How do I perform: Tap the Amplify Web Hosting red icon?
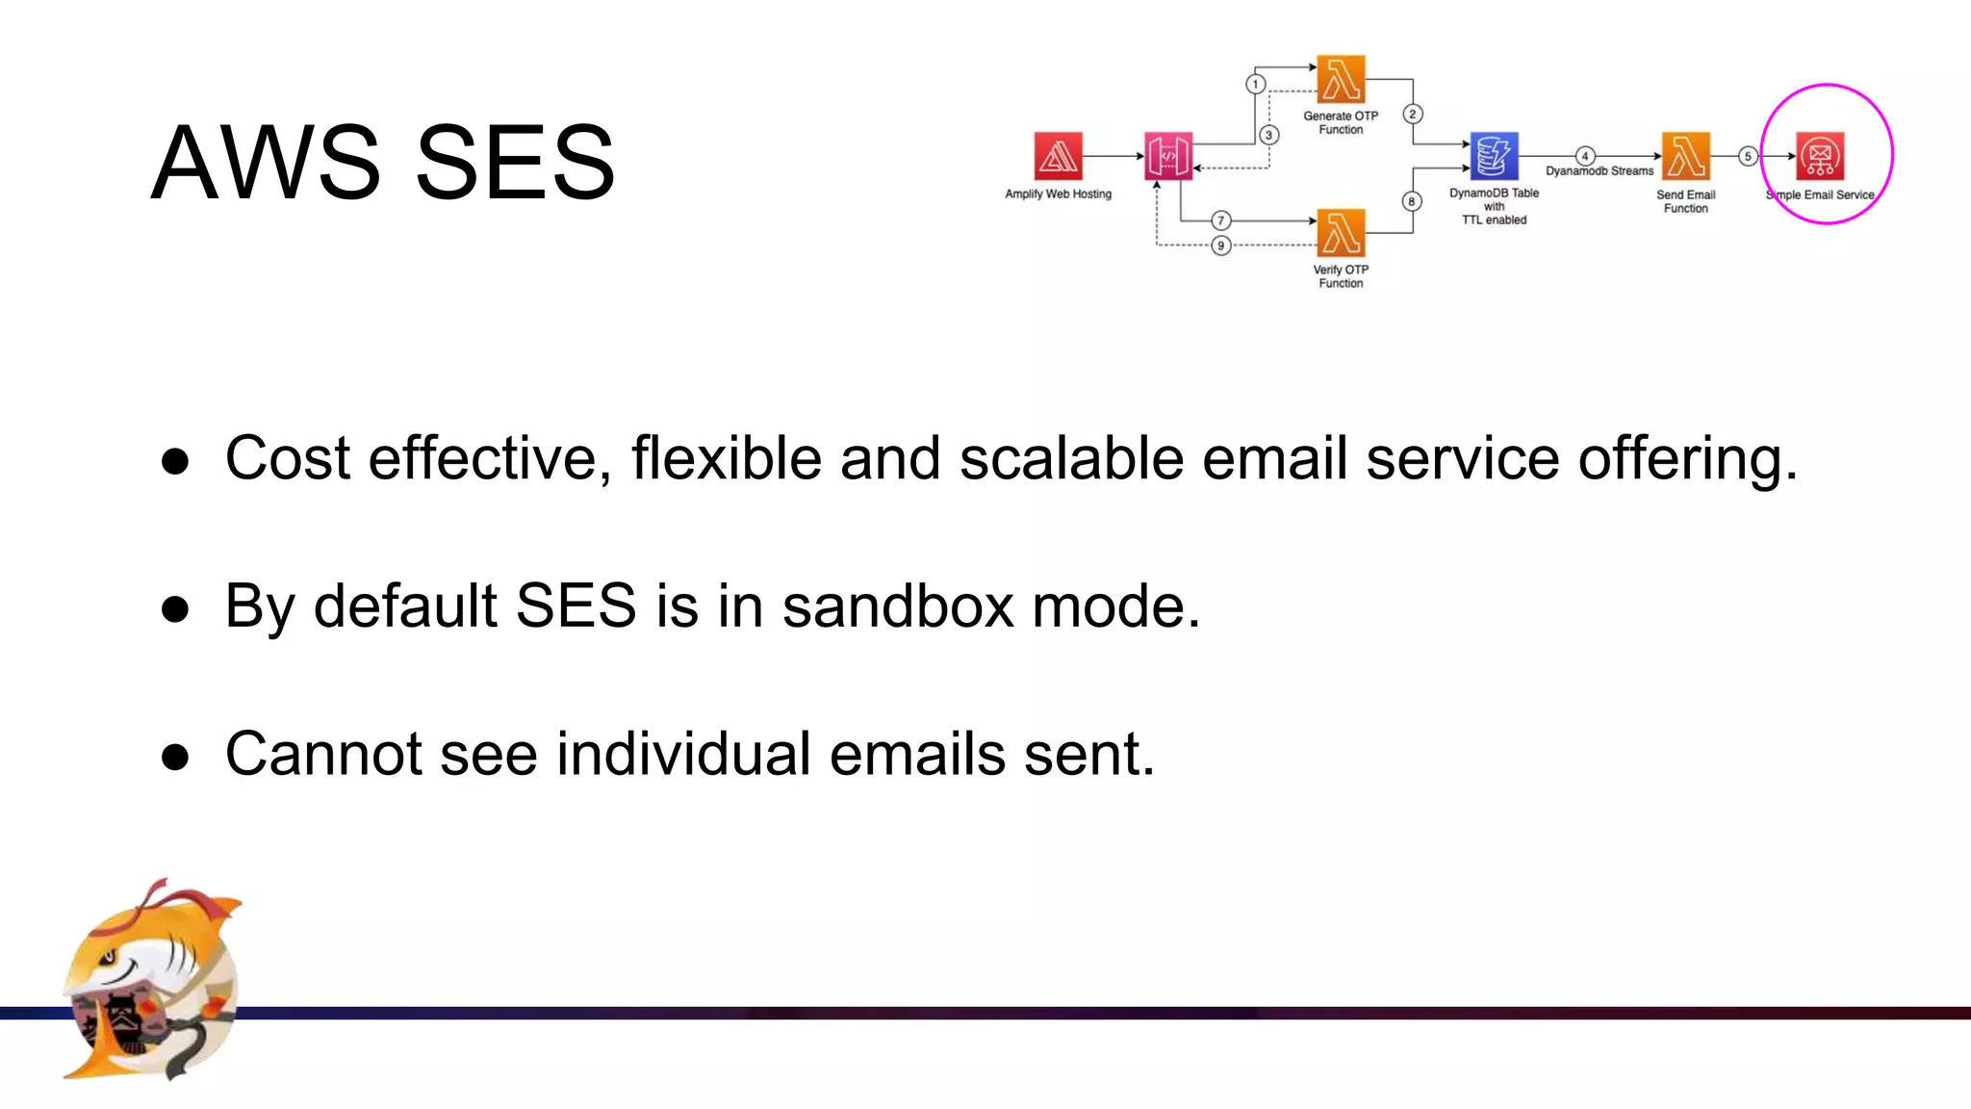(1058, 156)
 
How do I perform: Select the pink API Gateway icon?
(1168, 156)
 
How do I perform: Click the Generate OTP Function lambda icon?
(1341, 79)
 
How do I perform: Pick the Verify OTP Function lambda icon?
(1341, 233)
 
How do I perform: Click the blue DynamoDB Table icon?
(1494, 156)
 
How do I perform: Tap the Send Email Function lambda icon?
(1685, 156)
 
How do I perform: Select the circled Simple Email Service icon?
(1820, 156)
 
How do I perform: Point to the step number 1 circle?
(1255, 84)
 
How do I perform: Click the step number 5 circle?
(1748, 156)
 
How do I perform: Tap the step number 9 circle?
(1220, 245)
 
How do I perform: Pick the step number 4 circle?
(1584, 156)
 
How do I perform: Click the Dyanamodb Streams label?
(1599, 171)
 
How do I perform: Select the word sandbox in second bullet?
(897, 606)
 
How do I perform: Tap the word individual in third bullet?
(683, 753)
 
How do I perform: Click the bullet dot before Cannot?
(175, 757)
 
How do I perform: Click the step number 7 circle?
(1220, 220)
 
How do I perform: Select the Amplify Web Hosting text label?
(1058, 194)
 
